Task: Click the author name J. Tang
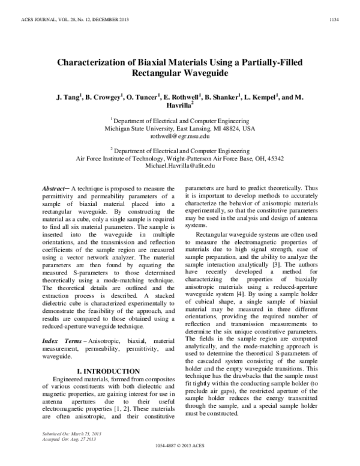coord(65,96)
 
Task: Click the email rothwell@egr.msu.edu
coord(179,136)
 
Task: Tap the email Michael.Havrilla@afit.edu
coord(179,166)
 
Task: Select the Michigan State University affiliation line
coord(179,129)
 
